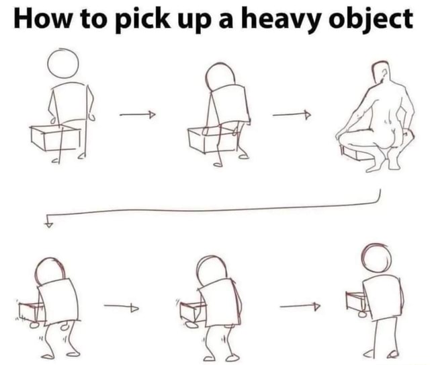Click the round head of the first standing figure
coord(63,65)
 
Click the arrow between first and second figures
coord(138,115)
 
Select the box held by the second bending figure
coord(208,140)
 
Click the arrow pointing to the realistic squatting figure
coord(292,115)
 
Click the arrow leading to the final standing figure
coord(300,308)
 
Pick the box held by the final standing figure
coord(356,301)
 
